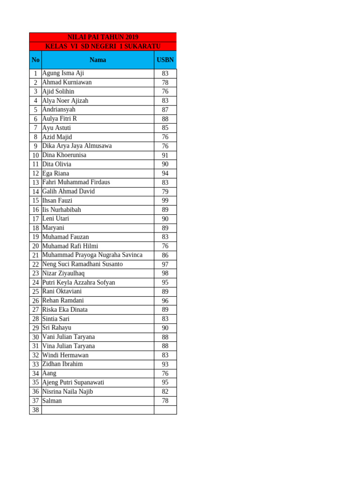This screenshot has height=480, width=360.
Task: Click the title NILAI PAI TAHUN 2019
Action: [x=103, y=37]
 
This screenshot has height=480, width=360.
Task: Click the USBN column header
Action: [x=165, y=60]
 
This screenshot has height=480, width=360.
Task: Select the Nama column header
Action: [x=97, y=60]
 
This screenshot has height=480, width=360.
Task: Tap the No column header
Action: [x=36, y=60]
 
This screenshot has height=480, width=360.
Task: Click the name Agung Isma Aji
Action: [x=63, y=73]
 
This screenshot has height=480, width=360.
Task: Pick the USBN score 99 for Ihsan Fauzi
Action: [x=165, y=201]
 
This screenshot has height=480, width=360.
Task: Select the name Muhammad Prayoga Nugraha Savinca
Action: [x=92, y=255]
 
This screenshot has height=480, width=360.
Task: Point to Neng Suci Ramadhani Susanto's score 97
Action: [x=165, y=264]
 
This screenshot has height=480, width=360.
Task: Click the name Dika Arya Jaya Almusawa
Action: [x=77, y=146]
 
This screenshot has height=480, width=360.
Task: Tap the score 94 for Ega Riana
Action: [x=165, y=173]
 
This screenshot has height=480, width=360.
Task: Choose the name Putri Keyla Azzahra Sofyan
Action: [x=79, y=283]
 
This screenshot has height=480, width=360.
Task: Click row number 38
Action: [x=36, y=410]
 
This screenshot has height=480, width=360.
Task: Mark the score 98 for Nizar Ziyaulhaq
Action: [x=165, y=273]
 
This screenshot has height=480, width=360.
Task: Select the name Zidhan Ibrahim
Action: [x=62, y=364]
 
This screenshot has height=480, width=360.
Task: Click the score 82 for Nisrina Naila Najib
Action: [x=165, y=392]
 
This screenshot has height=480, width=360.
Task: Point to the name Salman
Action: [x=52, y=401]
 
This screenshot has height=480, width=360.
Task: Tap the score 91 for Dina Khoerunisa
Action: [x=165, y=155]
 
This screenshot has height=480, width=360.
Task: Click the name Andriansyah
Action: [x=59, y=110]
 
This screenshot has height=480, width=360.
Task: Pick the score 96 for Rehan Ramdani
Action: [x=165, y=301]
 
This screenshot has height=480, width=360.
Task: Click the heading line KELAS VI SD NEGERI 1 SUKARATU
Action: [x=103, y=46]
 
